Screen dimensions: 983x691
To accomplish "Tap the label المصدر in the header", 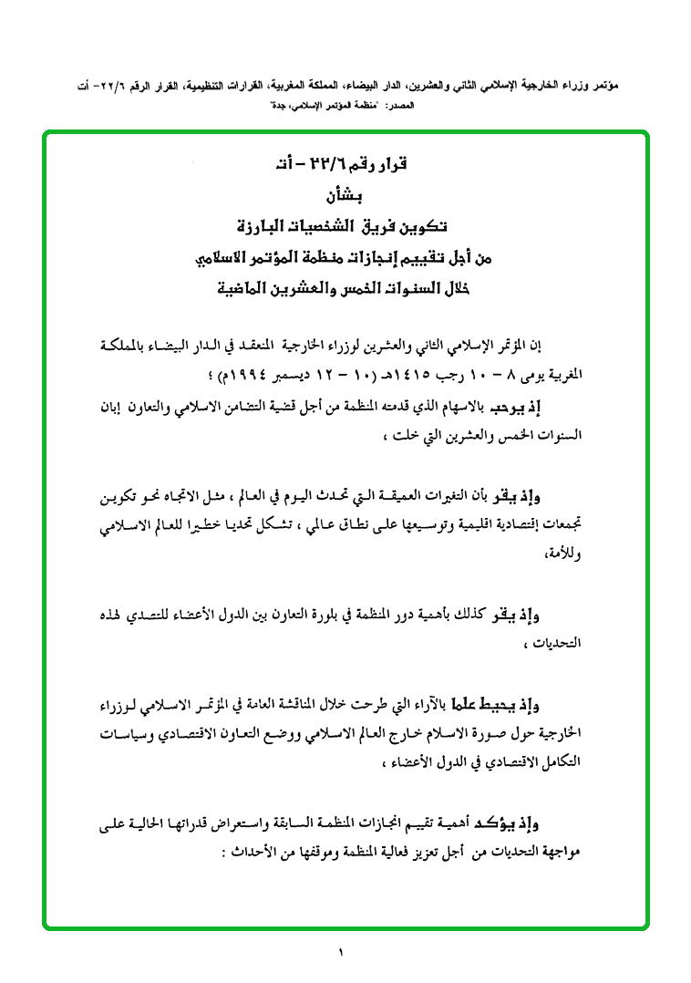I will point(399,108).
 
